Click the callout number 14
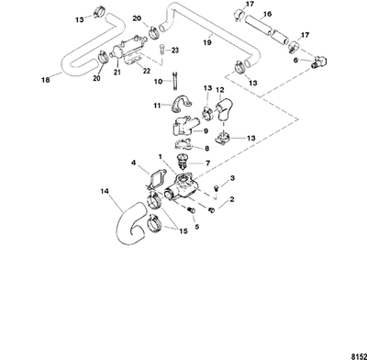point(104,193)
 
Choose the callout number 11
point(158,107)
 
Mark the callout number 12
point(219,91)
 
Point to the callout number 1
point(161,156)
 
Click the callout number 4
point(134,163)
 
